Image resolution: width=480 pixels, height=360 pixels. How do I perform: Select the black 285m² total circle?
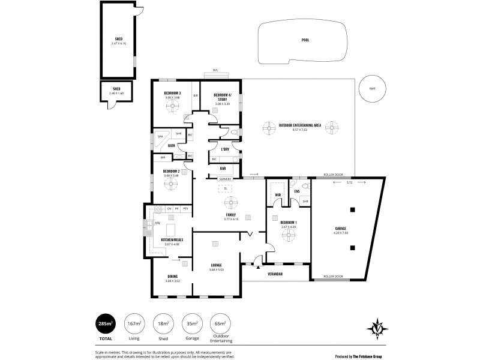[106, 324]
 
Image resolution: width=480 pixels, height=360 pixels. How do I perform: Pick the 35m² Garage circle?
[191, 324]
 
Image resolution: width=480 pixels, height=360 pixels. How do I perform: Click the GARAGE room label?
[341, 229]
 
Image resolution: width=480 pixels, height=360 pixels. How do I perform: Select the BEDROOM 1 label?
[289, 223]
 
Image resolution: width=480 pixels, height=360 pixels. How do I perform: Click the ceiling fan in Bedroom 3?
[173, 107]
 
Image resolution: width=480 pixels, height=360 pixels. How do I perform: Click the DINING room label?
[172, 276]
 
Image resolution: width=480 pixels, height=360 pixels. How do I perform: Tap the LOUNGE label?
[217, 265]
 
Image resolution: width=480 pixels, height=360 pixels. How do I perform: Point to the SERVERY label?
[226, 179]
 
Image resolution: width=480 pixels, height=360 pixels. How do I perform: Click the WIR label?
[278, 195]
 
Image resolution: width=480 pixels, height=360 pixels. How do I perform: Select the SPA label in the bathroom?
[160, 137]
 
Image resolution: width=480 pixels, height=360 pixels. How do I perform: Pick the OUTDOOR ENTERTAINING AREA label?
[299, 125]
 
